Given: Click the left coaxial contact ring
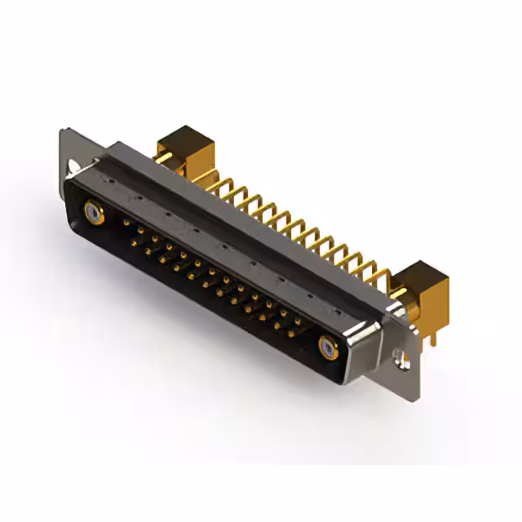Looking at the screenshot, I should coord(95,215).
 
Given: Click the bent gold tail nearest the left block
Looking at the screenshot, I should coord(214,184).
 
